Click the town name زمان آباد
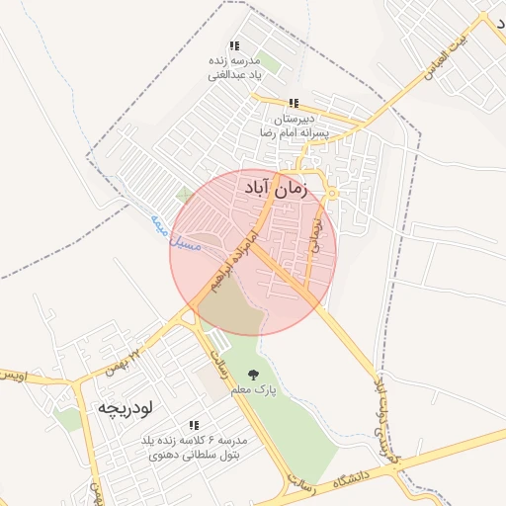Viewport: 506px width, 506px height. tap(274, 184)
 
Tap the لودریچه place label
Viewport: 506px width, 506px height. tap(123, 407)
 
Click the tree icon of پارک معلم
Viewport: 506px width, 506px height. tap(254, 375)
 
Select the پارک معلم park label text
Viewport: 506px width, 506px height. tap(253, 391)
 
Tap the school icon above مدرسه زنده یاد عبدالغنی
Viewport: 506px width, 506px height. tap(234, 45)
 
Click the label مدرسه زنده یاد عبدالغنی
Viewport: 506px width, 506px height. tap(233, 66)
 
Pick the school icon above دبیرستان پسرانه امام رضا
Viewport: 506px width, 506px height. tap(294, 103)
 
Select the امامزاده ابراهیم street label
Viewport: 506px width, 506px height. tap(226, 263)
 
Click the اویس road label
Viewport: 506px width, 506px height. tap(12, 378)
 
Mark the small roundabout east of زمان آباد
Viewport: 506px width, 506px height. tap(333, 193)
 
